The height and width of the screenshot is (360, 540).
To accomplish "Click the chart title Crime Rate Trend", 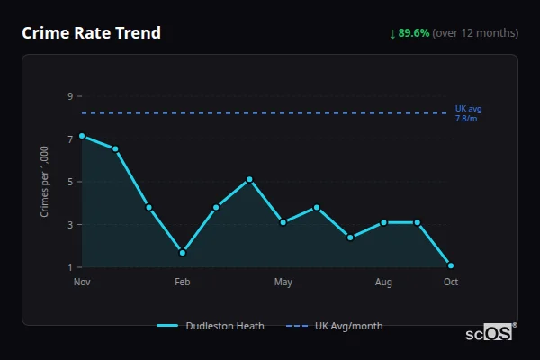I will point(91,33).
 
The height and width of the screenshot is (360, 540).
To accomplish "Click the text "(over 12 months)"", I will point(475,33).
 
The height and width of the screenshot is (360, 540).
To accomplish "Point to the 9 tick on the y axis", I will point(69,95).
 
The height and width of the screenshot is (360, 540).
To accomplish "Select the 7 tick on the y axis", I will point(69,139).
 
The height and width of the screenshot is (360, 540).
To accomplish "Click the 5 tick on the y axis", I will point(69,182).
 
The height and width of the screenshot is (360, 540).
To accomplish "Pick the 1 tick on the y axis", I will point(69,267).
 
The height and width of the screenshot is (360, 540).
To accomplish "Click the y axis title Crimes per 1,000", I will point(45,182).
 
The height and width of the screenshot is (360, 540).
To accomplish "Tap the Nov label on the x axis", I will point(82,283).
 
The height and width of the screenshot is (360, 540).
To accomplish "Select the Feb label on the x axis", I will point(182,283).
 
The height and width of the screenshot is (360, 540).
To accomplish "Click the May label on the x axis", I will point(283,283).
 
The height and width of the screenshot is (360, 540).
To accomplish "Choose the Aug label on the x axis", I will point(383,283).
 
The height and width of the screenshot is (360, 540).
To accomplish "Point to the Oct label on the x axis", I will point(451,283).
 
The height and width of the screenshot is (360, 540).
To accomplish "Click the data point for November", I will point(82,136).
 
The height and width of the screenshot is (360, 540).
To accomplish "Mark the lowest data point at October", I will point(451,265).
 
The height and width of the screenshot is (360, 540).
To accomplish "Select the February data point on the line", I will point(183,253).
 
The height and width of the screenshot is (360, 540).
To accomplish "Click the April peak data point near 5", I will point(249,179).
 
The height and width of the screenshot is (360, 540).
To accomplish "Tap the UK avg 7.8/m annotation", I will point(468,113).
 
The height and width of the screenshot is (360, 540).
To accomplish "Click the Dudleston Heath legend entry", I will point(211,326).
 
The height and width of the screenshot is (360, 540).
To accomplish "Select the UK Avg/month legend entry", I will point(335,326).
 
